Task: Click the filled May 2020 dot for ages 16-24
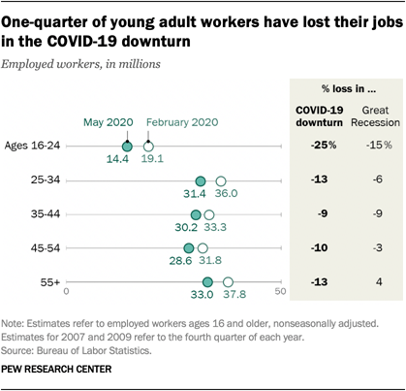click(x=126, y=146)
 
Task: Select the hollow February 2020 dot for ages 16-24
click(x=148, y=146)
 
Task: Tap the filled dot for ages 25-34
click(x=201, y=180)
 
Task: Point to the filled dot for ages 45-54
click(x=189, y=248)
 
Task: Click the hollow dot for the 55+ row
click(x=229, y=282)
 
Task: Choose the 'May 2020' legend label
click(x=108, y=122)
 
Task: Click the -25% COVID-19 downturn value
click(x=324, y=146)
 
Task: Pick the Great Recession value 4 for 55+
click(x=378, y=282)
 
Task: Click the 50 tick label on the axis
click(x=281, y=290)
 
